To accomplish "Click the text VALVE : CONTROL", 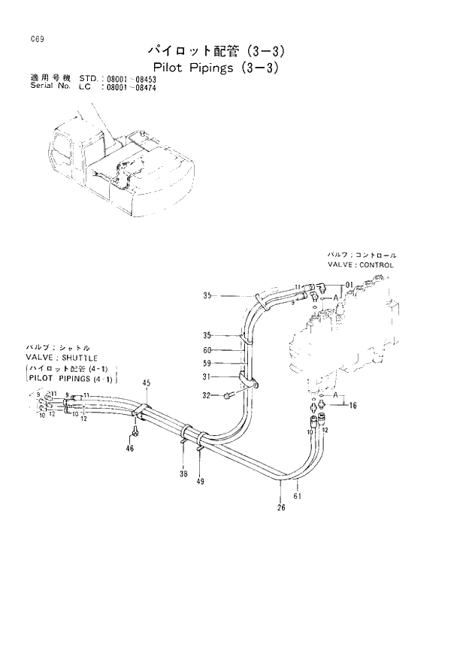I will pyautogui.click(x=360, y=265).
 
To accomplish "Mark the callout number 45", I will pyautogui.click(x=147, y=383).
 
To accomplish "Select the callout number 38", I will pyautogui.click(x=183, y=474).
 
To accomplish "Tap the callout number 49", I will pyautogui.click(x=201, y=481).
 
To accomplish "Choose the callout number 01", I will pyautogui.click(x=349, y=285).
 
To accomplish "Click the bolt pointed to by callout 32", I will pyautogui.click(x=227, y=395).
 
